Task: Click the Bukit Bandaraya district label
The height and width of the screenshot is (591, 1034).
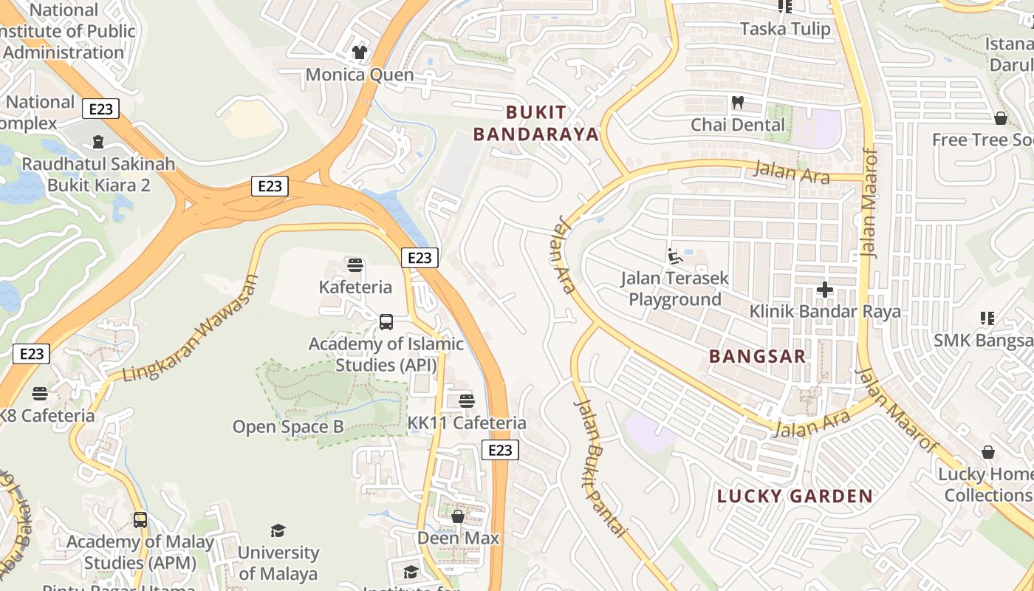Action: coord(536,123)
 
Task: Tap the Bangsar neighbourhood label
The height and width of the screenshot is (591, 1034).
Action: coord(757,356)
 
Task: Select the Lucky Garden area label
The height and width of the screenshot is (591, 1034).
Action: coord(795,496)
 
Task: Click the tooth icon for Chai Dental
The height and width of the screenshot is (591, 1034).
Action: coord(737,102)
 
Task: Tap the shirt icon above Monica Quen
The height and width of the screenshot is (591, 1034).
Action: coord(360,52)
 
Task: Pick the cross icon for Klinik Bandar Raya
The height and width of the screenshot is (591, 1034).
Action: coord(825,290)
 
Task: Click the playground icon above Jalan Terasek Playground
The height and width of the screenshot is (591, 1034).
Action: coord(674,256)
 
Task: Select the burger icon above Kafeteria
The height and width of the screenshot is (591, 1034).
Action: coord(355,265)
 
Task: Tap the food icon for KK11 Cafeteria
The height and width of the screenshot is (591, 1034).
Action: coord(466,401)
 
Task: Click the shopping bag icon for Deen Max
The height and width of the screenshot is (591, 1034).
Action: coord(458,516)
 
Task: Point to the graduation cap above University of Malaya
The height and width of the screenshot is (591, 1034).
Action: coord(278,530)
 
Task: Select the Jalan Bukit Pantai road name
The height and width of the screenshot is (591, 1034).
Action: coord(600,468)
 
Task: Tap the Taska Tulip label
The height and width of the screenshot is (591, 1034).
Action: coord(785,29)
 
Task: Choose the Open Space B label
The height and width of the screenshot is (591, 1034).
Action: coord(288,427)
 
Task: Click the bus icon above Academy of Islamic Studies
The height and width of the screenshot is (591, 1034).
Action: coord(386,321)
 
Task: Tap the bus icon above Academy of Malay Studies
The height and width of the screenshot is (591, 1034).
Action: coord(140,519)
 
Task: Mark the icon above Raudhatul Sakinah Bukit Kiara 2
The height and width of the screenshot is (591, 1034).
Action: coord(98,141)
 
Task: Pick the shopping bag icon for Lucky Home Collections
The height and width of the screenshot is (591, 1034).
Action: coord(988,452)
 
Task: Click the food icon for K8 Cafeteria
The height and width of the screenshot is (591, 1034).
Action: coord(40,393)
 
